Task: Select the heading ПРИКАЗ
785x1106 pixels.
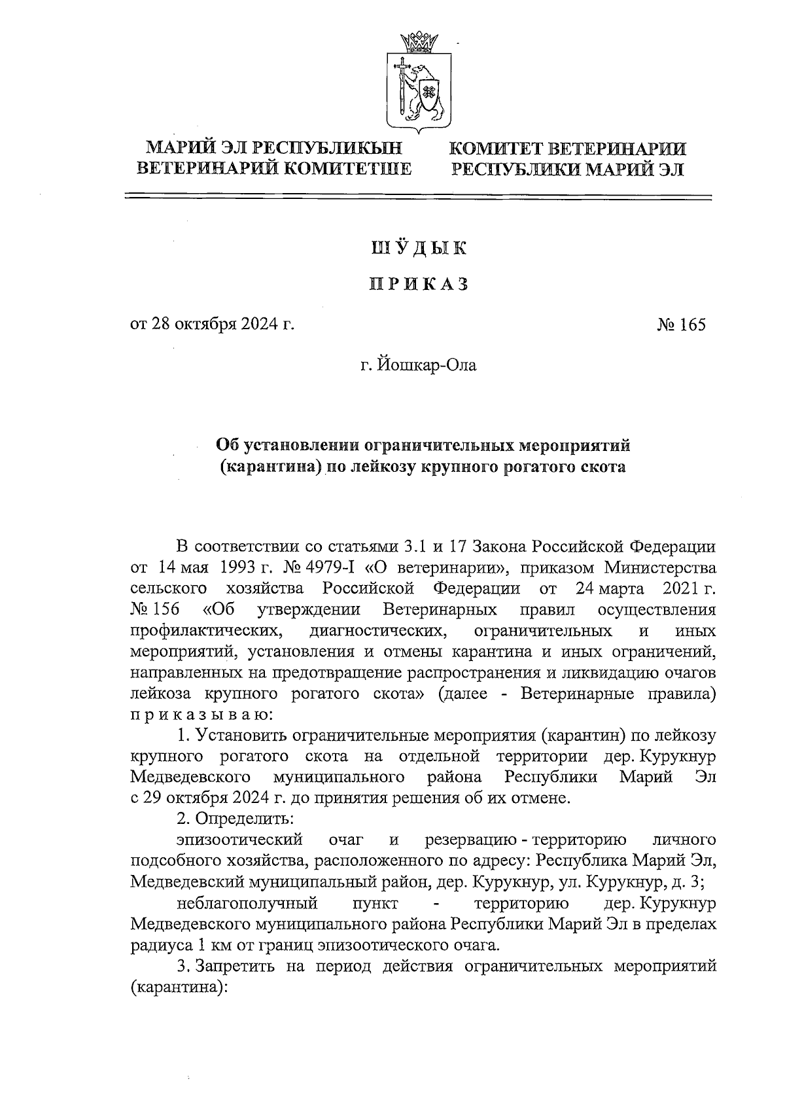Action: [x=419, y=285]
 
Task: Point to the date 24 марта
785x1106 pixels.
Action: [x=609, y=588]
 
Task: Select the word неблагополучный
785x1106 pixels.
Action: [x=247, y=904]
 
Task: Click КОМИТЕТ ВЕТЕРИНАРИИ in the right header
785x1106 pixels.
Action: [x=567, y=149]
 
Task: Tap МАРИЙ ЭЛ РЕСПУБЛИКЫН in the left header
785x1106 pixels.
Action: [x=273, y=149]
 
